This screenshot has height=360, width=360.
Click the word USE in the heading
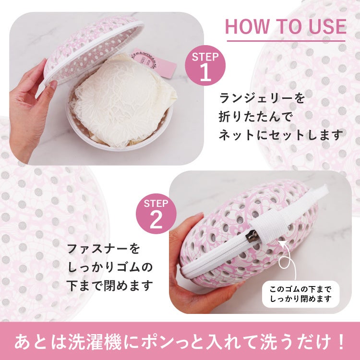coord(327,26)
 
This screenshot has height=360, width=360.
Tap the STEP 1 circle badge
coord(205,65)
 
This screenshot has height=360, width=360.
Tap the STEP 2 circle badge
coord(156,214)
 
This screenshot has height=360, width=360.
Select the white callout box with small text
coord(301,294)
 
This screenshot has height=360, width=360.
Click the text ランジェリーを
coord(262,98)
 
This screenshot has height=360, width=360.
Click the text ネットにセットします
coord(281,135)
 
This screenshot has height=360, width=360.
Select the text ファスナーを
coord(103,249)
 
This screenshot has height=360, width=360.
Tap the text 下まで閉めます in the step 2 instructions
coord(110,286)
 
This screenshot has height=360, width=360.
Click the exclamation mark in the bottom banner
coord(341,342)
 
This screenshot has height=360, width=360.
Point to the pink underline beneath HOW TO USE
coord(286,41)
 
